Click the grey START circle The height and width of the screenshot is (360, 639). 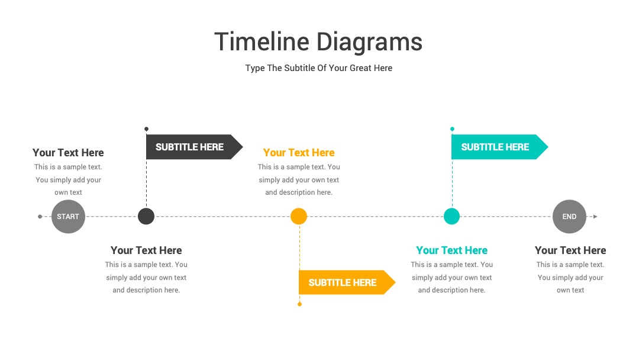(68, 217)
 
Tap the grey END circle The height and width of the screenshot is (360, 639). (569, 217)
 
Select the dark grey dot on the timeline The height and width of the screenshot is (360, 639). (146, 216)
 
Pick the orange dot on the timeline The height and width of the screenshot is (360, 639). (299, 216)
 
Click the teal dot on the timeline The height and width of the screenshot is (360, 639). (451, 216)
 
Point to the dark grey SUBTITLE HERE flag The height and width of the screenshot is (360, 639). (195, 147)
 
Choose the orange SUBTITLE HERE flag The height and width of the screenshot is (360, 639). (347, 282)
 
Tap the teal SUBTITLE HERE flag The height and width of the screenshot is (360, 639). (499, 147)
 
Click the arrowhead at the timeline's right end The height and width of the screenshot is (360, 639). (595, 217)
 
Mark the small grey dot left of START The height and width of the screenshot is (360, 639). (40, 217)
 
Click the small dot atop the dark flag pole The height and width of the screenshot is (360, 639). (146, 129)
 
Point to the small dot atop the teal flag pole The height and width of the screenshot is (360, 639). (452, 129)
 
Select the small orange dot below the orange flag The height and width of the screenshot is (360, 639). (299, 304)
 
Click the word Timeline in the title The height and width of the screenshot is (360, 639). (262, 41)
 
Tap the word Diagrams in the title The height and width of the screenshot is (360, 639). (370, 43)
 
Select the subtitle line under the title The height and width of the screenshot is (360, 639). (319, 68)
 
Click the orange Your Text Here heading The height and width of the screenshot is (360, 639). (299, 153)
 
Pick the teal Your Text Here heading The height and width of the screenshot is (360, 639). (451, 250)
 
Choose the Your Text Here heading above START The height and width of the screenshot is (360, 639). (68, 153)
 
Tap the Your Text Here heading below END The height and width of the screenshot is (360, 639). (570, 250)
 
